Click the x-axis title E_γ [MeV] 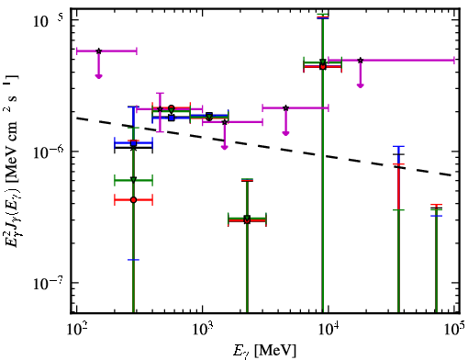pos(264,351)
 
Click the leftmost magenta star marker pos(98,51)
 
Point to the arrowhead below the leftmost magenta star pos(98,76)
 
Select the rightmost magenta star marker pos(361,61)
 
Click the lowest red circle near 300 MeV pos(133,200)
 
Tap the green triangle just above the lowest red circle pos(133,180)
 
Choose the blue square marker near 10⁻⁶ pos(133,143)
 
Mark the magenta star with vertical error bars pos(160,109)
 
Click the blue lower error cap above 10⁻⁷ pos(133,260)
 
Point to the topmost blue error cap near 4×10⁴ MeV pos(398,147)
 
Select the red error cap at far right pos(436,205)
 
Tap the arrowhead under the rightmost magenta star pos(361,85)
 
